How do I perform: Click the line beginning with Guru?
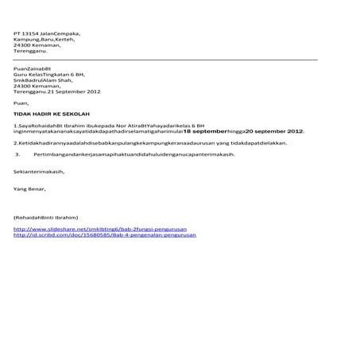[x=50, y=75]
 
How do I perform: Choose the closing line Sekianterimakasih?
[x=39, y=171]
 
